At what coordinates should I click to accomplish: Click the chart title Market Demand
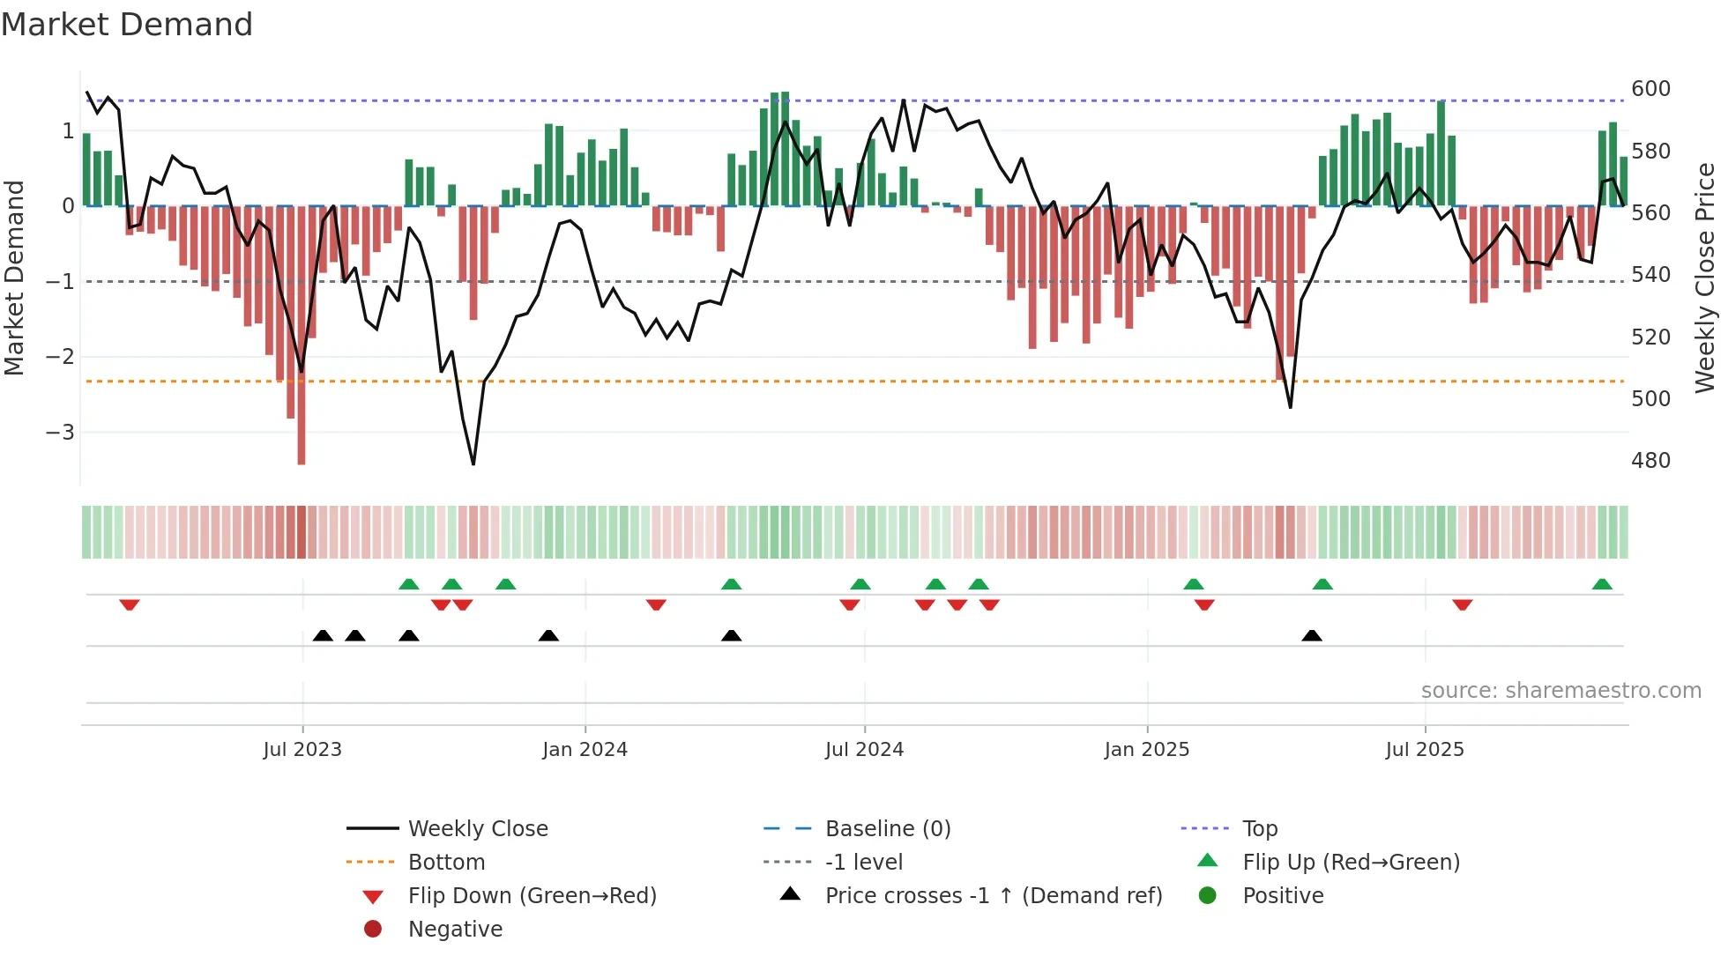point(127,25)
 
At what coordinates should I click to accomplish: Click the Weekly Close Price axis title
point(1705,278)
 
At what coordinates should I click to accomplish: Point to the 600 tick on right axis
point(1650,89)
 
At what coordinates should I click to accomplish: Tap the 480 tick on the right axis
point(1650,461)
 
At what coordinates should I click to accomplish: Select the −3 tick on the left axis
point(60,433)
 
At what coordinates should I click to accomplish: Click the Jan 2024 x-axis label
point(585,750)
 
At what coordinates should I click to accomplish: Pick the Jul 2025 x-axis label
point(1424,750)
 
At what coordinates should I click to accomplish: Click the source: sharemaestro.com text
point(1560,691)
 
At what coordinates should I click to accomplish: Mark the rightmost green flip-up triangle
point(1602,584)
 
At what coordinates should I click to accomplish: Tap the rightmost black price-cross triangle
point(1312,635)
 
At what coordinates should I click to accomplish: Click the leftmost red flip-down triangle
point(130,604)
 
